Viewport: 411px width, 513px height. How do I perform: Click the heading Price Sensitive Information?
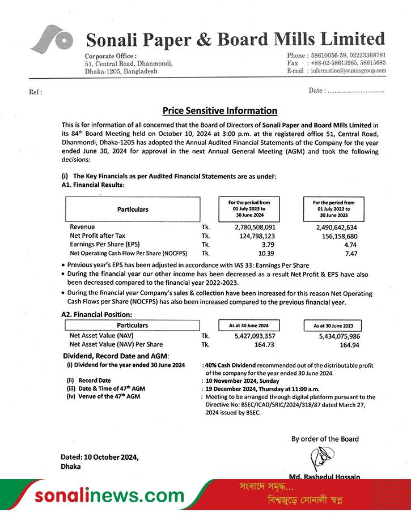point(219,111)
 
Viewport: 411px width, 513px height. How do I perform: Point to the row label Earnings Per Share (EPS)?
point(104,244)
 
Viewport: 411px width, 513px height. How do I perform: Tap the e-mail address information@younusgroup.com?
point(348,71)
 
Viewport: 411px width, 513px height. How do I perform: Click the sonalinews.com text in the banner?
point(109,496)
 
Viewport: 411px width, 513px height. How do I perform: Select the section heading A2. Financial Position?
point(96,314)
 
